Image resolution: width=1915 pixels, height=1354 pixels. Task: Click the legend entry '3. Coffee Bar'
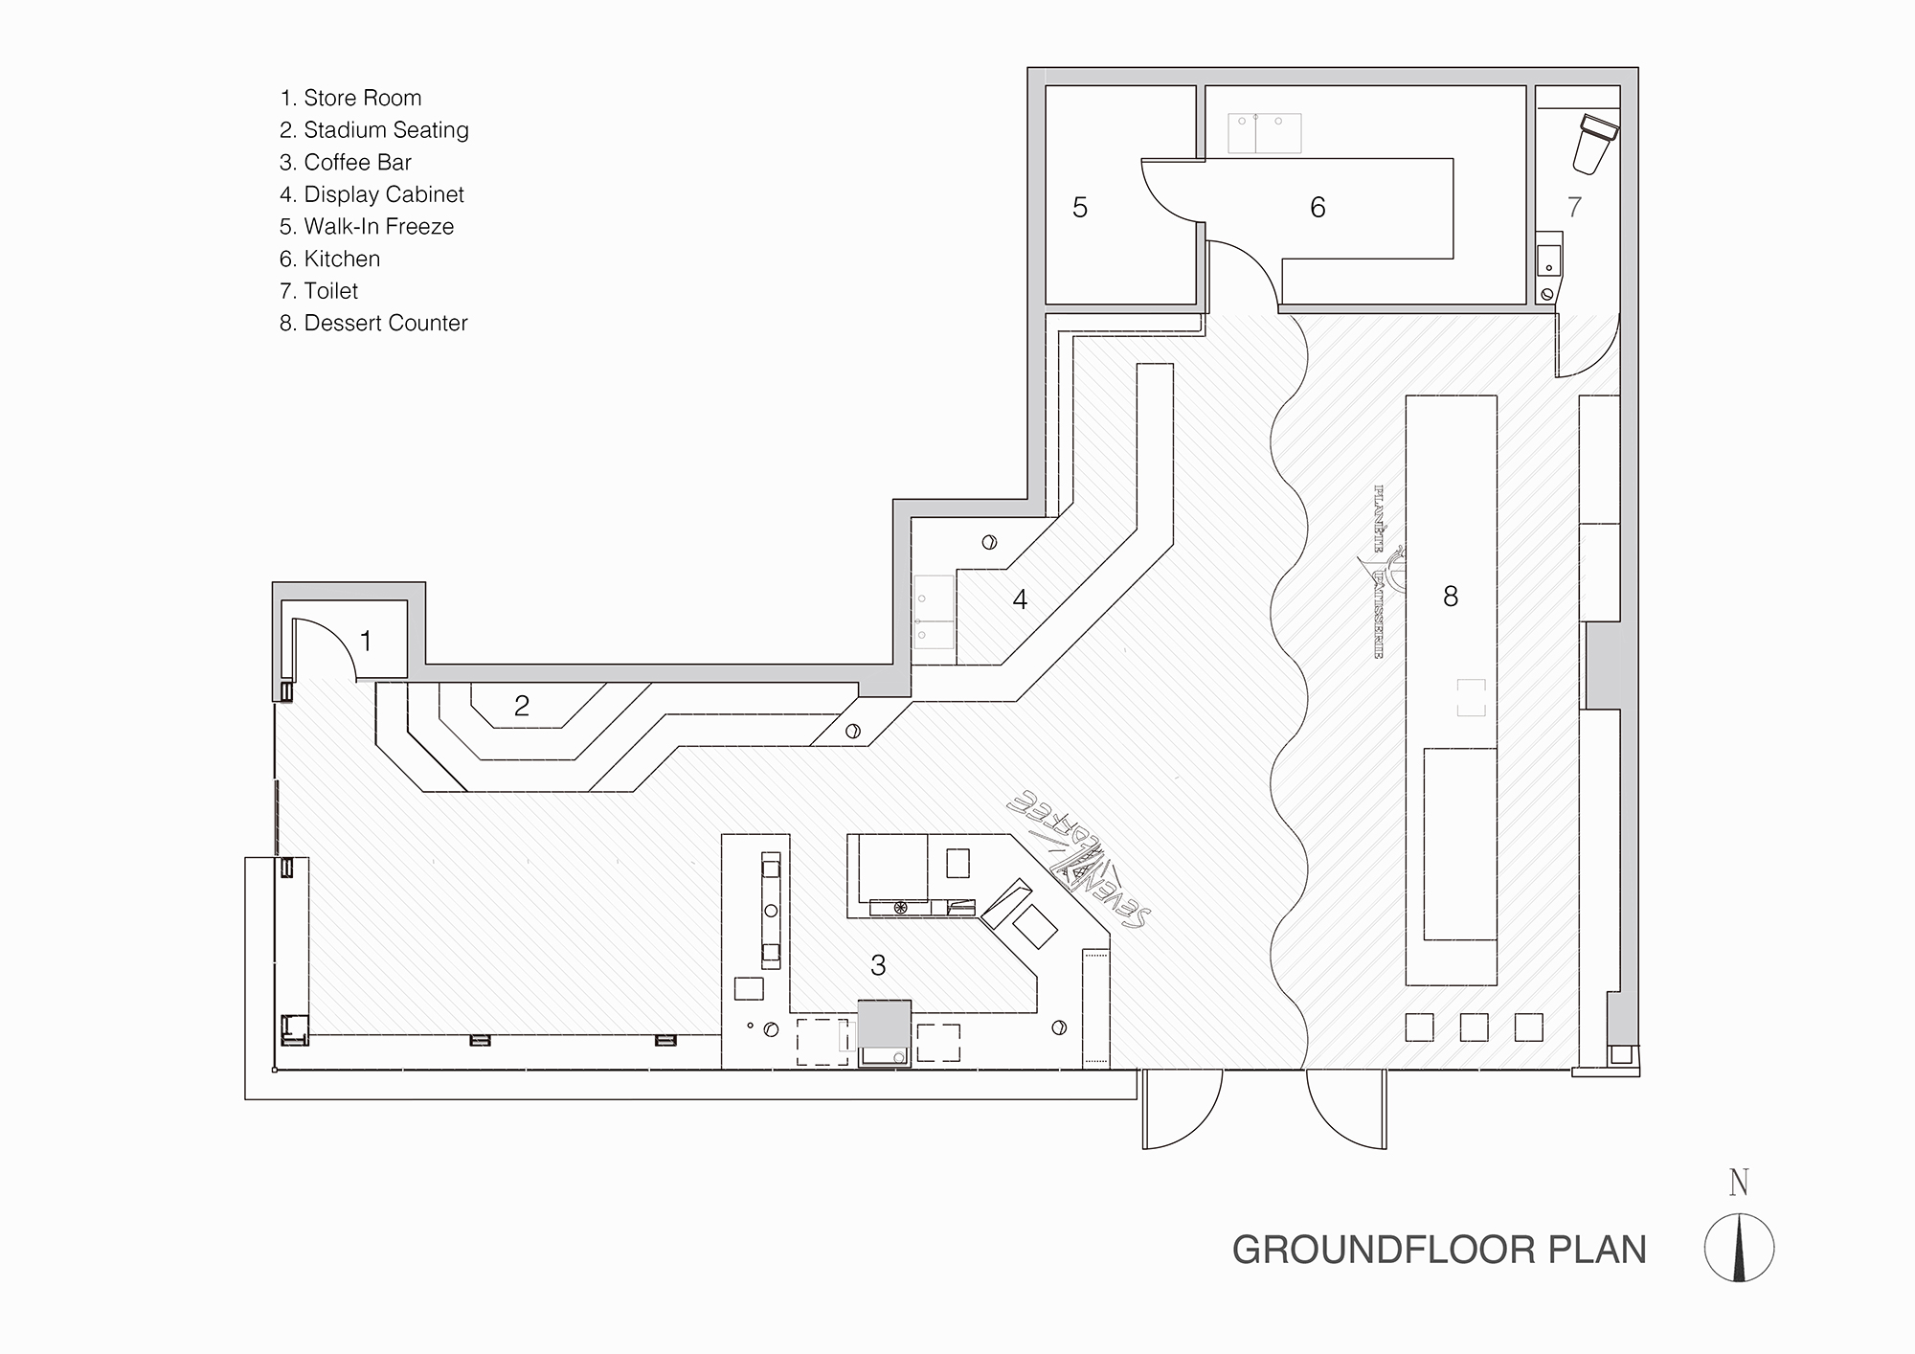[346, 162]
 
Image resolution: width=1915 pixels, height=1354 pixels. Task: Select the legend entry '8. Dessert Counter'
[373, 323]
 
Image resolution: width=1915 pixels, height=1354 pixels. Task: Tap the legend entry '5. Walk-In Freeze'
[367, 226]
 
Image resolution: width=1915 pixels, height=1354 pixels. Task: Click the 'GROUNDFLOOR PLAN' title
[1439, 1251]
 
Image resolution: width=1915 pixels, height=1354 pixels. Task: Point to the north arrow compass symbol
[1739, 1247]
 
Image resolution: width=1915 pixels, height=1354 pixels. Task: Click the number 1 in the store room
[366, 641]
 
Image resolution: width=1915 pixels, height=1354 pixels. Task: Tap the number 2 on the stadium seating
[521, 707]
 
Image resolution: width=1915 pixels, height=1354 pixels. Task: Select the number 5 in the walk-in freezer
[1080, 208]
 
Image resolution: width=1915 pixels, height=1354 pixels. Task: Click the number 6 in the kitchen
[1318, 208]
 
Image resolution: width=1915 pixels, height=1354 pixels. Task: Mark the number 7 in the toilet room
[1574, 207]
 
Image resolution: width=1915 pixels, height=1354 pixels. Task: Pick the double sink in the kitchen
[1265, 132]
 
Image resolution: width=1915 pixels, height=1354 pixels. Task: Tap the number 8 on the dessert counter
[1451, 597]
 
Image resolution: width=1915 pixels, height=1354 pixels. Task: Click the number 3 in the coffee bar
[878, 965]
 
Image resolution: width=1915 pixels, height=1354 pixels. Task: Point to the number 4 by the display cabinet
[1020, 599]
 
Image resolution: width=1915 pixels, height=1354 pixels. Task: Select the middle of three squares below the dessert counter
[1474, 1027]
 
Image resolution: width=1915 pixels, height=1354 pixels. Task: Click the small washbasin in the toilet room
[1548, 260]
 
